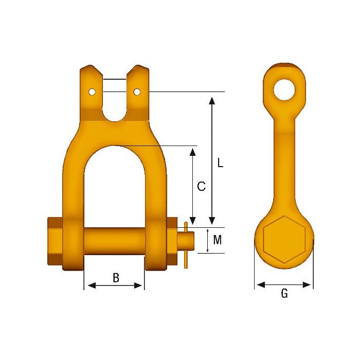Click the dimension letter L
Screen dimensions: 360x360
[220, 163]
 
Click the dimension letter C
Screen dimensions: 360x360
[202, 187]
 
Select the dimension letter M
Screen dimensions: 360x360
[218, 240]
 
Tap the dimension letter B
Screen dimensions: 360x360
[116, 278]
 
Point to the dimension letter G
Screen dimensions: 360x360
[284, 294]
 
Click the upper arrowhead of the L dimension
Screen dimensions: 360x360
[211, 99]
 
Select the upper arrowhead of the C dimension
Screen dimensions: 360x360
[193, 151]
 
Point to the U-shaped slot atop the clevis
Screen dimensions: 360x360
[114, 103]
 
